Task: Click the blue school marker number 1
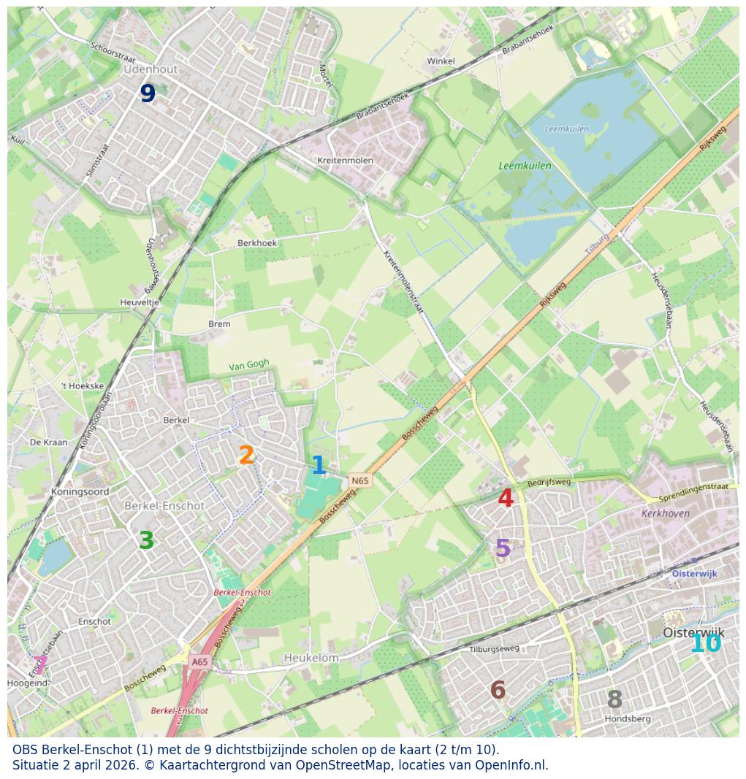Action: [x=319, y=465]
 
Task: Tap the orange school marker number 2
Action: [x=246, y=456]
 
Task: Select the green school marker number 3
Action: [x=146, y=540]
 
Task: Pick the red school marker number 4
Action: [x=505, y=499]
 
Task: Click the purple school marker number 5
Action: [x=503, y=548]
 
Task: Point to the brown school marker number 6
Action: [x=498, y=690]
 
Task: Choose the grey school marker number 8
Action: [x=614, y=699]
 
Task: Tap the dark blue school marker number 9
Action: [x=148, y=93]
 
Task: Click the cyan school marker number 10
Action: [x=705, y=644]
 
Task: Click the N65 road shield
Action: [x=359, y=480]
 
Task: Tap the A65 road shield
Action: [x=199, y=662]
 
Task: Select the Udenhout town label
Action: [x=151, y=69]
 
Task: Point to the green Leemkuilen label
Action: [x=525, y=166]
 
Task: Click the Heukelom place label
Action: [x=311, y=658]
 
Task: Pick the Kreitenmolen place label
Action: [x=345, y=161]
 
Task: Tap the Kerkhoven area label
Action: [x=665, y=513]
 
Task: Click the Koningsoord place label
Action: [x=80, y=492]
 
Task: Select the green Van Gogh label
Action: [x=248, y=365]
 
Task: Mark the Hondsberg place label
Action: [x=627, y=719]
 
